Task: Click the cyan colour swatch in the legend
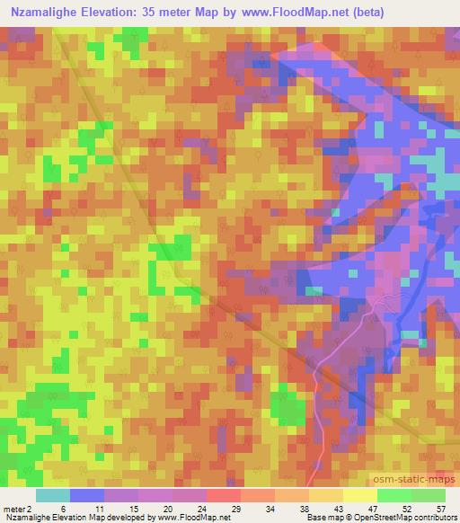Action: pos(53,495)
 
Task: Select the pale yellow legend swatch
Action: pos(359,495)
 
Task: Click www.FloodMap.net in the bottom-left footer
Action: pos(191,517)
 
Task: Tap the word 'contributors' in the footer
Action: pos(436,517)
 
